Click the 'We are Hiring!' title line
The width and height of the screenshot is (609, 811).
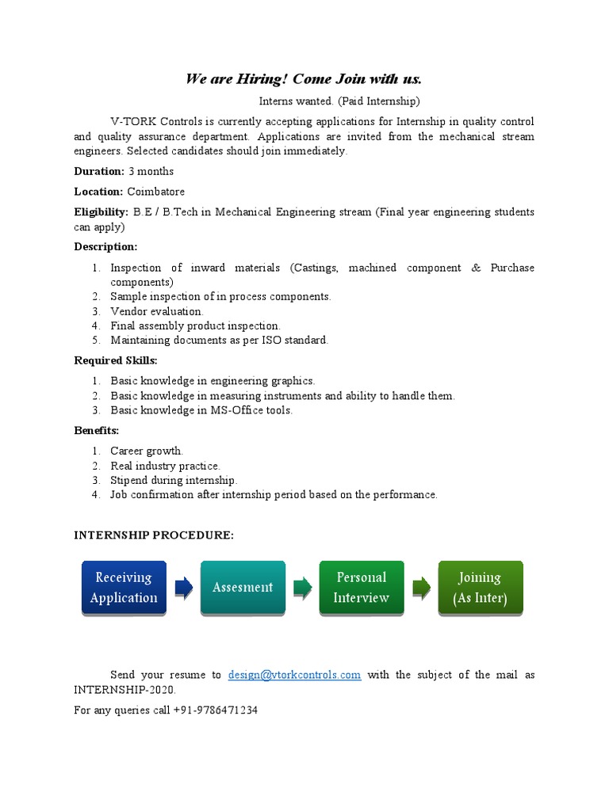[304, 78]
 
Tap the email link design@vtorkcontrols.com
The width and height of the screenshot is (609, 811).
[294, 675]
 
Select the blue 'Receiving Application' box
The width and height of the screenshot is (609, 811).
[124, 588]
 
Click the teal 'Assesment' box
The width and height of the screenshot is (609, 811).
[242, 588]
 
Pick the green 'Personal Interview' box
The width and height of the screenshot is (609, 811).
[361, 588]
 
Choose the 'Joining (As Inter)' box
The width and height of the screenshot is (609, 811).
[480, 588]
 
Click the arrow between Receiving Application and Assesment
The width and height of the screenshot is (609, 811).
[183, 588]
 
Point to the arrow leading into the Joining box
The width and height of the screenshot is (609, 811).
[421, 588]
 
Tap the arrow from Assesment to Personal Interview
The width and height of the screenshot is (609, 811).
[302, 588]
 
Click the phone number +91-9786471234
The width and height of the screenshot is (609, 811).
[214, 710]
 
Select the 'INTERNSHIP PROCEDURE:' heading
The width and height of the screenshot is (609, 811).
[154, 536]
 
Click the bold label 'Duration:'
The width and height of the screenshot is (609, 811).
[99, 171]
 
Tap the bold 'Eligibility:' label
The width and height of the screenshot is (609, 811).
[101, 212]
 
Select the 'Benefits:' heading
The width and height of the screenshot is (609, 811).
[97, 430]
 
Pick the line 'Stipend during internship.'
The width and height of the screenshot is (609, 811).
[174, 480]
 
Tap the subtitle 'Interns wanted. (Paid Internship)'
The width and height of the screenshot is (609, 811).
[339, 101]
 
